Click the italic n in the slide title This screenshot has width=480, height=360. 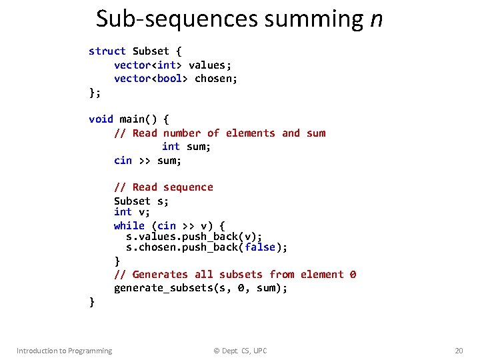tap(376, 19)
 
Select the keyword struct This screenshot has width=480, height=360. tap(107, 51)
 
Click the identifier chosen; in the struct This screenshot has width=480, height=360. tap(216, 79)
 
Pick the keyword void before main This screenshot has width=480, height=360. tap(101, 119)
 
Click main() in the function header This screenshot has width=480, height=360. tap(138, 119)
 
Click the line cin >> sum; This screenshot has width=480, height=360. tap(147, 160)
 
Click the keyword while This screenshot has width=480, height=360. tap(129, 225)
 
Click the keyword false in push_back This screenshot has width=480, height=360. tap(260, 247)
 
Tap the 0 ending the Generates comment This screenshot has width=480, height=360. tap(353, 275)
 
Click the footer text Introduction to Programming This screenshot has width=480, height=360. tap(64, 351)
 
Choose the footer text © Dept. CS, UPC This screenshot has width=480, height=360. tap(240, 351)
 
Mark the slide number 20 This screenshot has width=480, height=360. tap(458, 351)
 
